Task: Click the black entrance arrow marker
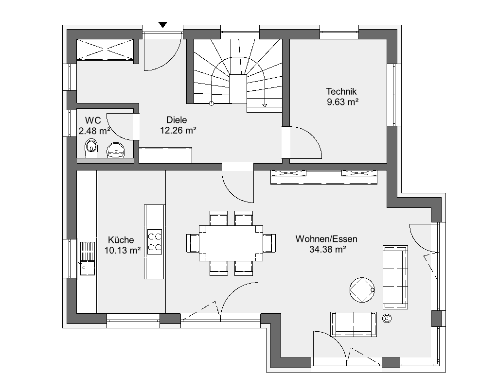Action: (162, 25)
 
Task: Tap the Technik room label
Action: (341, 91)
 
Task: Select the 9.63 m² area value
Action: (343, 102)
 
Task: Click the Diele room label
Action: (177, 120)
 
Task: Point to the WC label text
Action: (93, 120)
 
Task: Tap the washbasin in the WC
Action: (116, 150)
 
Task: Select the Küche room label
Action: (121, 240)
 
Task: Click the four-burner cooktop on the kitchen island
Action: (155, 241)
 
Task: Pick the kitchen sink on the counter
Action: (88, 258)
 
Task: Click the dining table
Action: (231, 243)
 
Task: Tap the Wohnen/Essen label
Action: (326, 239)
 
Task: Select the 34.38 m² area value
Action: (328, 249)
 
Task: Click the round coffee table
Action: (362, 290)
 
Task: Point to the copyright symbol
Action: (387, 318)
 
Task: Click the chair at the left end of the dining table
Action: (193, 243)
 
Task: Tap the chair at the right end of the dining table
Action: (269, 243)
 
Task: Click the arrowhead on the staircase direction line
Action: (265, 105)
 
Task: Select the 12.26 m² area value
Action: (178, 130)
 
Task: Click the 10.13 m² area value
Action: (122, 251)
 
